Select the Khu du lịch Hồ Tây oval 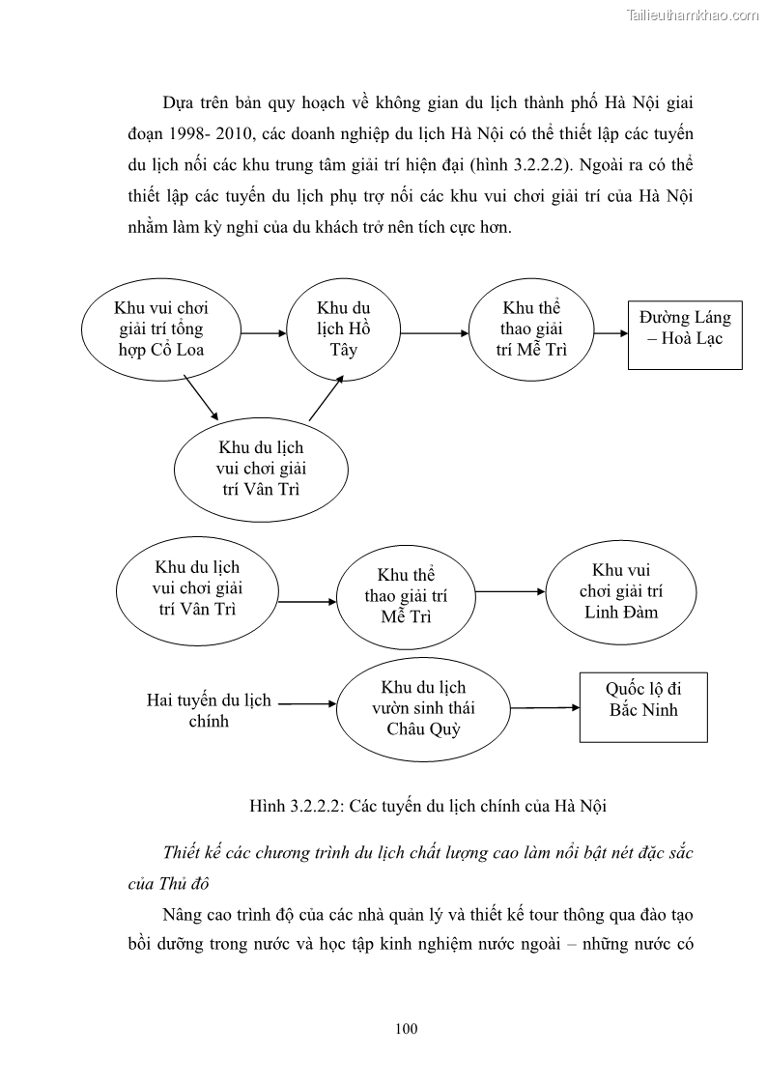(344, 329)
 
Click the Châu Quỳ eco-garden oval (422, 708)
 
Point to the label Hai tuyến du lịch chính (209, 710)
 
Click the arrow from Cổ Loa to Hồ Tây (263, 333)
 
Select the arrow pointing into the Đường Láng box (611, 333)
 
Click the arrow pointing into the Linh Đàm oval (509, 592)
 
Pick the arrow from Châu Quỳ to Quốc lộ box (545, 706)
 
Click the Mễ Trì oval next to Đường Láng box (529, 329)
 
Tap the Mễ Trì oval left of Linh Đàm (406, 597)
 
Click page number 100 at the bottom (406, 1029)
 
